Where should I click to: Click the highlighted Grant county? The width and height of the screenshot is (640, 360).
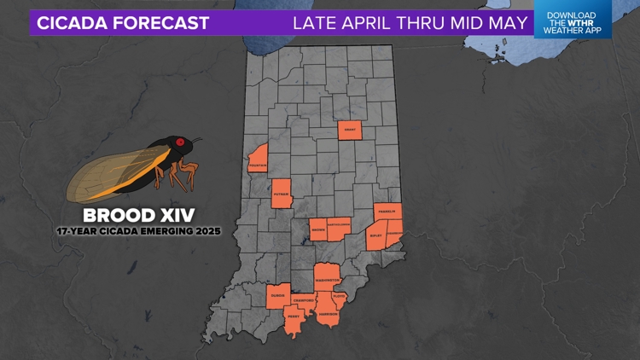click(350, 131)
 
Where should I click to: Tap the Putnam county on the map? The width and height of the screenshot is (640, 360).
click(282, 194)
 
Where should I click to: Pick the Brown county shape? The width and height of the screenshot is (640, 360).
click(318, 229)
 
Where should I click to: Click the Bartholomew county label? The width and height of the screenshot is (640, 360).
click(339, 226)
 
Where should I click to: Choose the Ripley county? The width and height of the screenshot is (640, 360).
click(376, 236)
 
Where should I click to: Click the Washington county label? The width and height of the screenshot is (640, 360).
click(328, 280)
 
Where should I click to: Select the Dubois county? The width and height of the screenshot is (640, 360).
click(278, 295)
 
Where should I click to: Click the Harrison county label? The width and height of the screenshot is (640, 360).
click(328, 313)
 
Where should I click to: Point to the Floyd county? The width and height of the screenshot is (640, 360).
click(339, 298)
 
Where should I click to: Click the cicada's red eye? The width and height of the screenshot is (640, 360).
click(180, 142)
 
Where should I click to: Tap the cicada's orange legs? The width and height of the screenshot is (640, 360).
click(180, 174)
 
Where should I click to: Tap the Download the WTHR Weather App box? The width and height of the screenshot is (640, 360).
click(573, 20)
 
